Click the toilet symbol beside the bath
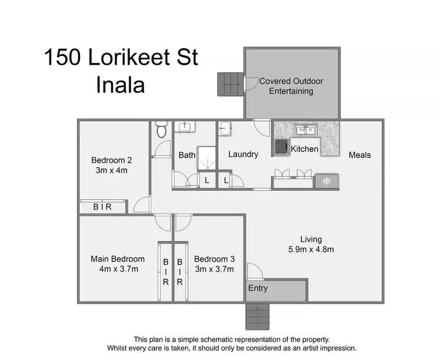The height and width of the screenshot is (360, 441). (x=161, y=129)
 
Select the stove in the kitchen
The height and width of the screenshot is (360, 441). (x=280, y=146)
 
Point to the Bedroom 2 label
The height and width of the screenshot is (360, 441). (x=111, y=160)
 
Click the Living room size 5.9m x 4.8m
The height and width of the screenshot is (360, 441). (x=311, y=249)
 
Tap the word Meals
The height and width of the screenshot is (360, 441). (x=360, y=155)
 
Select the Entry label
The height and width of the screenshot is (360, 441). (x=258, y=288)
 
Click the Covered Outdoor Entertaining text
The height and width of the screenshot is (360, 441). (x=292, y=86)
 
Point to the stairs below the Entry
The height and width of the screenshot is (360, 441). (x=257, y=317)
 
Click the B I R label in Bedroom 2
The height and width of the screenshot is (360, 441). (x=103, y=207)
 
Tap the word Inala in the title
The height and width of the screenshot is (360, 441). (x=120, y=85)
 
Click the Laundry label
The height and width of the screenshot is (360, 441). (x=243, y=154)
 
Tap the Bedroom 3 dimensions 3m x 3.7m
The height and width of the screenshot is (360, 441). (x=215, y=269)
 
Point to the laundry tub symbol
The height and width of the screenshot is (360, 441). (x=225, y=128)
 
